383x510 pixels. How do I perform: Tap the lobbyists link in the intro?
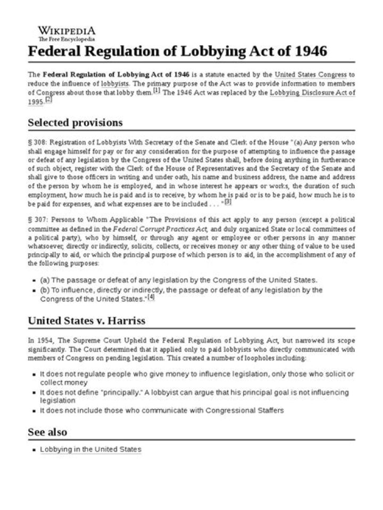[x=115, y=83]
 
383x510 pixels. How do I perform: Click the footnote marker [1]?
[x=156, y=90]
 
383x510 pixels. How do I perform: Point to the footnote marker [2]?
[x=48, y=99]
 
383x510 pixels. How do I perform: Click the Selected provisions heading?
[x=75, y=123]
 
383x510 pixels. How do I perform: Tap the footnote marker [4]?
[x=151, y=297]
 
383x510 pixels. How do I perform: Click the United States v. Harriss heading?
[x=87, y=320]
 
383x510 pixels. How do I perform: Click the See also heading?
[x=47, y=432]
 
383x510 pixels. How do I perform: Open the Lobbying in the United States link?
[x=90, y=449]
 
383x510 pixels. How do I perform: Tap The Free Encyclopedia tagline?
[x=66, y=39]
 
